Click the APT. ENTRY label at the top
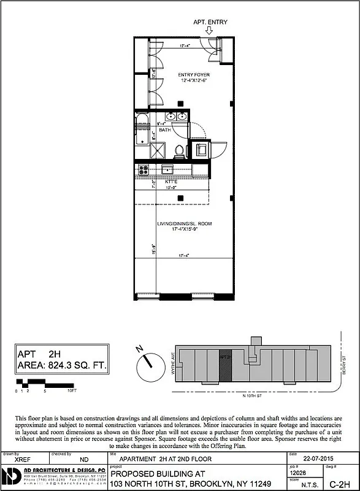click(210, 23)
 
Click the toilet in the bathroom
click(179, 149)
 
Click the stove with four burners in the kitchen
click(144, 169)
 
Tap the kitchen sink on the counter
click(167, 169)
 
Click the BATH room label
click(165, 130)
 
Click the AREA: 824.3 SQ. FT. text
click(62, 366)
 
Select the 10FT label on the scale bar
click(72, 390)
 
